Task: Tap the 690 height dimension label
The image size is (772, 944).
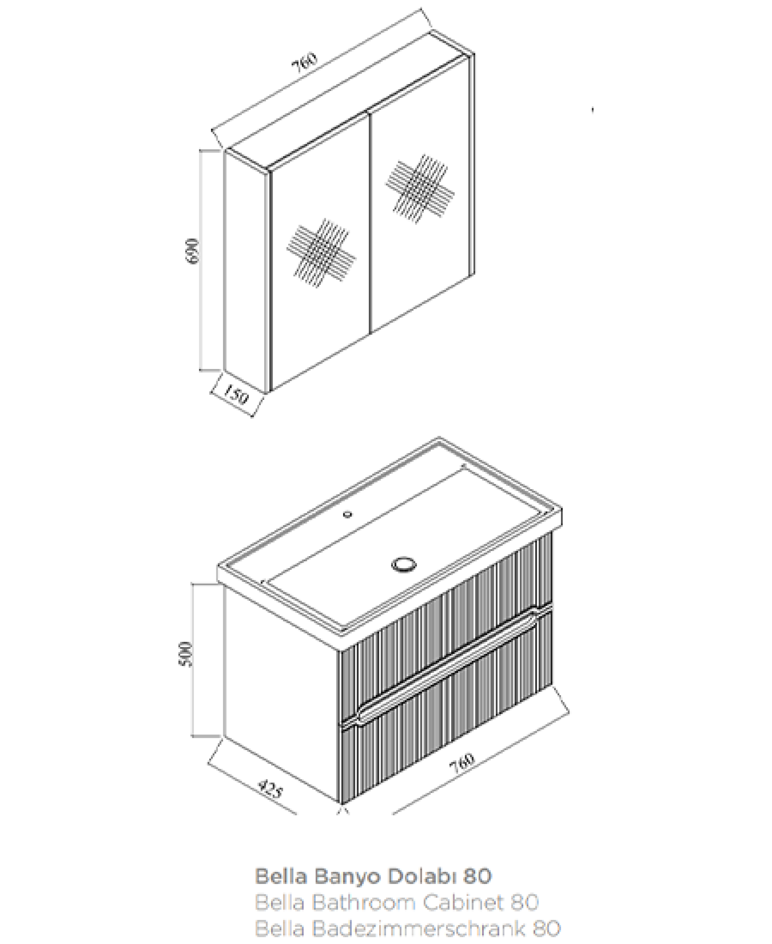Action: coord(193,251)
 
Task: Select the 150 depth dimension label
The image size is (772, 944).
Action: coord(234,394)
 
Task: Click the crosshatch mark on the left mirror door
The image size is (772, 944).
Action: coord(320,252)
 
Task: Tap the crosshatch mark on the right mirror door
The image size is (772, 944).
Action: coord(419,189)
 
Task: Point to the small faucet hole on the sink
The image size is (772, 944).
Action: coord(348,515)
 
